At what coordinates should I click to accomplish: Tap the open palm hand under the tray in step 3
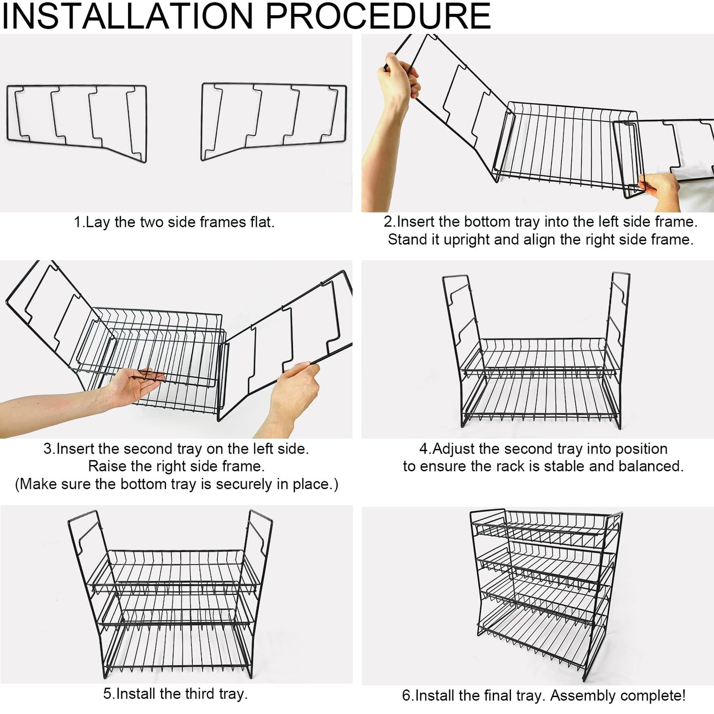pos(135,385)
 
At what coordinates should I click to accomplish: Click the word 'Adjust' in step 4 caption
pos(452,449)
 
